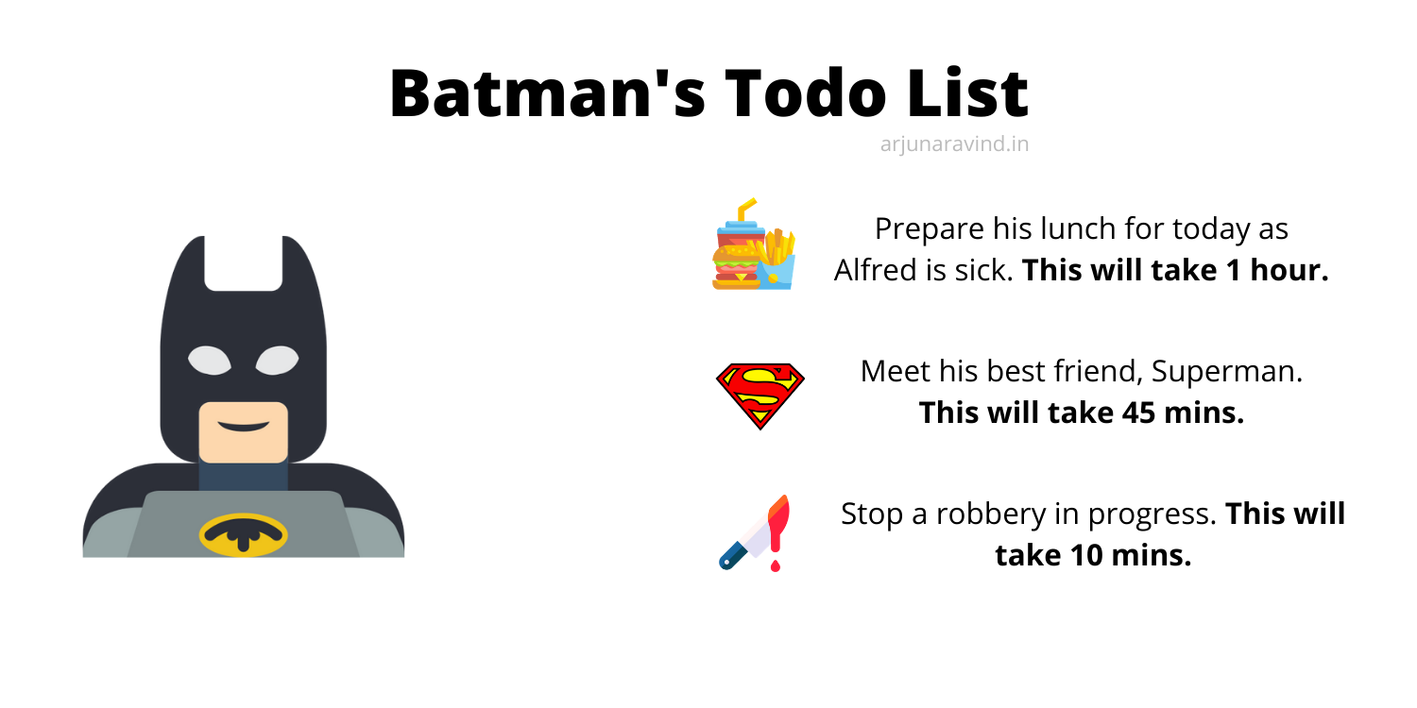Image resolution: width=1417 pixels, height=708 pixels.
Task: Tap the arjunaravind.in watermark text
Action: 954,144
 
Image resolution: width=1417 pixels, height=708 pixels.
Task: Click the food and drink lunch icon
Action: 754,244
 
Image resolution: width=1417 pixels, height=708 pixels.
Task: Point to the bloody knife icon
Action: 756,533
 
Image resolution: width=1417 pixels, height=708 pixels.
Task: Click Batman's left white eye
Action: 210,361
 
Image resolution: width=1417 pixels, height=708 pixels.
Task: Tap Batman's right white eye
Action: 277,361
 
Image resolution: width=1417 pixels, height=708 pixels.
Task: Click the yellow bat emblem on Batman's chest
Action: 244,535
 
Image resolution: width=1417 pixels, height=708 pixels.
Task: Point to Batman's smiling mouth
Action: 244,426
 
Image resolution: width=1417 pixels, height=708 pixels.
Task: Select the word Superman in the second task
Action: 1226,371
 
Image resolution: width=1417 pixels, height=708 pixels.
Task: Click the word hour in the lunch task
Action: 1289,270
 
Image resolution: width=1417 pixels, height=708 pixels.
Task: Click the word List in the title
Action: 967,93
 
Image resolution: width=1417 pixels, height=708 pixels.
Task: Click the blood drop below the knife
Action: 776,565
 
